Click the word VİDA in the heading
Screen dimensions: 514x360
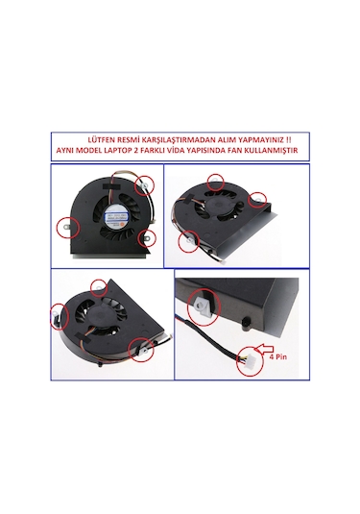coord(188,152)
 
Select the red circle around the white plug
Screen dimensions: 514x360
coord(252,357)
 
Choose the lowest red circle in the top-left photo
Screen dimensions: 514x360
coord(146,239)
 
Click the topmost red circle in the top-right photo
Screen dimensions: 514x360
coord(215,180)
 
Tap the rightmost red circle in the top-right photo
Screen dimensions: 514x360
coord(258,200)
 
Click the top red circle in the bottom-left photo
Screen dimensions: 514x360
coord(100,285)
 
